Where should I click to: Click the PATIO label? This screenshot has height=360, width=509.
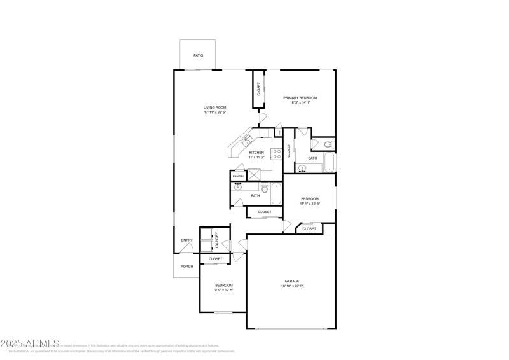[x=198, y=55]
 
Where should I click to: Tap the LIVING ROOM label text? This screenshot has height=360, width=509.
[x=214, y=107]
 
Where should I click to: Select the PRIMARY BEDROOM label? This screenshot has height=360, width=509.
[x=300, y=97]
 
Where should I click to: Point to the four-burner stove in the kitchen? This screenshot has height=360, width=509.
[x=277, y=153]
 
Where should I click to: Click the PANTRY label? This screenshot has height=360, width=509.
[x=238, y=176]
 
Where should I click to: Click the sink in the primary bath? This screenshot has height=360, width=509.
[x=302, y=168]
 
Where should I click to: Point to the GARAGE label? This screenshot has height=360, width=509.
[x=292, y=280]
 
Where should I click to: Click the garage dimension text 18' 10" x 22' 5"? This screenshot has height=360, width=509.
[x=292, y=286]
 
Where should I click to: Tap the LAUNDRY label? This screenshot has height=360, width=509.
[x=217, y=240]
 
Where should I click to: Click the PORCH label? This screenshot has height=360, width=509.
[x=186, y=267]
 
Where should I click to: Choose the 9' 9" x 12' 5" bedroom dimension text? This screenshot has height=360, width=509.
[x=223, y=290]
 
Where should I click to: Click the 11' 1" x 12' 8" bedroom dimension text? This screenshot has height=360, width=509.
[x=309, y=204]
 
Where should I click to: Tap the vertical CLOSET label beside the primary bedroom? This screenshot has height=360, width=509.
[x=259, y=89]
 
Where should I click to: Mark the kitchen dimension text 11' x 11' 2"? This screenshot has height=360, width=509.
[x=256, y=157]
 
